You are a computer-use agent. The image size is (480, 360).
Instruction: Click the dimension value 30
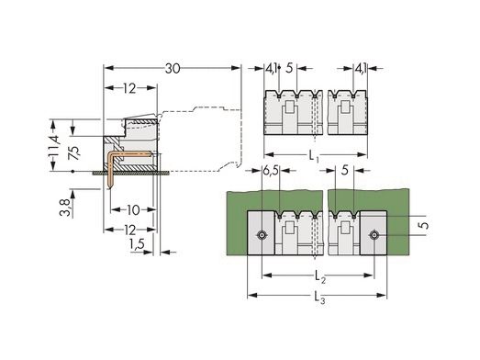[x=173, y=69]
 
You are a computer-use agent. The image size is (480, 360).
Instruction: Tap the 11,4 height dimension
[x=55, y=145]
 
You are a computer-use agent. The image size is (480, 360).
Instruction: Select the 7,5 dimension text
[x=74, y=152]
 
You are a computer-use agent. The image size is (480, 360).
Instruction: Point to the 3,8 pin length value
[x=65, y=208]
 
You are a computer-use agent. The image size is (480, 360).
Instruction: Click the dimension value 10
[x=133, y=210]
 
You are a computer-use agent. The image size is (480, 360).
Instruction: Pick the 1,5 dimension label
[x=137, y=244]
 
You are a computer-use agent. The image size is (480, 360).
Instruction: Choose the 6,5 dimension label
[x=271, y=171]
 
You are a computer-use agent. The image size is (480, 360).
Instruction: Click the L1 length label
[x=314, y=156]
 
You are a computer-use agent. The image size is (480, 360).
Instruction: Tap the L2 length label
[x=320, y=277]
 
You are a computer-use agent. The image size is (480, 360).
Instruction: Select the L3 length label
[x=320, y=298]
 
